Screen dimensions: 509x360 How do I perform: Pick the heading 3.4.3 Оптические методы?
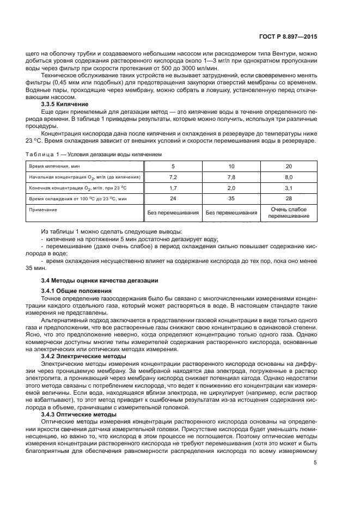[x=76, y=414]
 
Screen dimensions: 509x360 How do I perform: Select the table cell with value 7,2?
[x=173, y=177]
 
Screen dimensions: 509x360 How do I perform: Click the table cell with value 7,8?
[x=231, y=177]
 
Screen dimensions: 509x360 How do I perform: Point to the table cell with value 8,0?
[x=289, y=177]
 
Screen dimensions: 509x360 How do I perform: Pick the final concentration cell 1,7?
[x=173, y=188]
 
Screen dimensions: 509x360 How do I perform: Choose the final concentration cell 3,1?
[x=289, y=188]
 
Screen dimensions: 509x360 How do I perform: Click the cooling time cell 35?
[x=231, y=199]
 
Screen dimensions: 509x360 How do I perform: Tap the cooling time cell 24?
[x=173, y=199]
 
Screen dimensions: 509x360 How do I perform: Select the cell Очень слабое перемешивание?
[x=289, y=212]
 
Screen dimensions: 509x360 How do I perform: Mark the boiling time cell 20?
[x=289, y=165]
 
